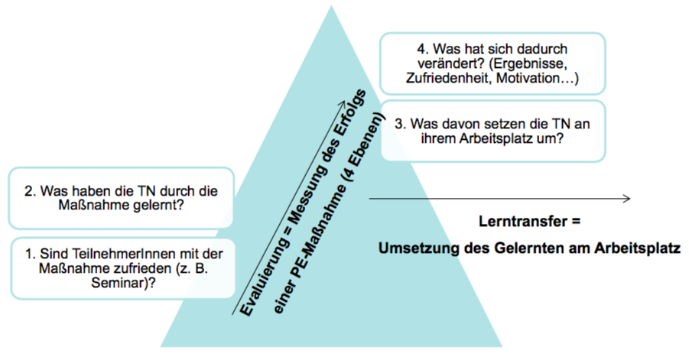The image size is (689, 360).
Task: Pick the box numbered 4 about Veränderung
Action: click(492, 64)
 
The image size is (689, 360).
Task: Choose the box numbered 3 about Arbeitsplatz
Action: click(492, 131)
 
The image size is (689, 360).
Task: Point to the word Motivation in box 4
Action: click(541, 78)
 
